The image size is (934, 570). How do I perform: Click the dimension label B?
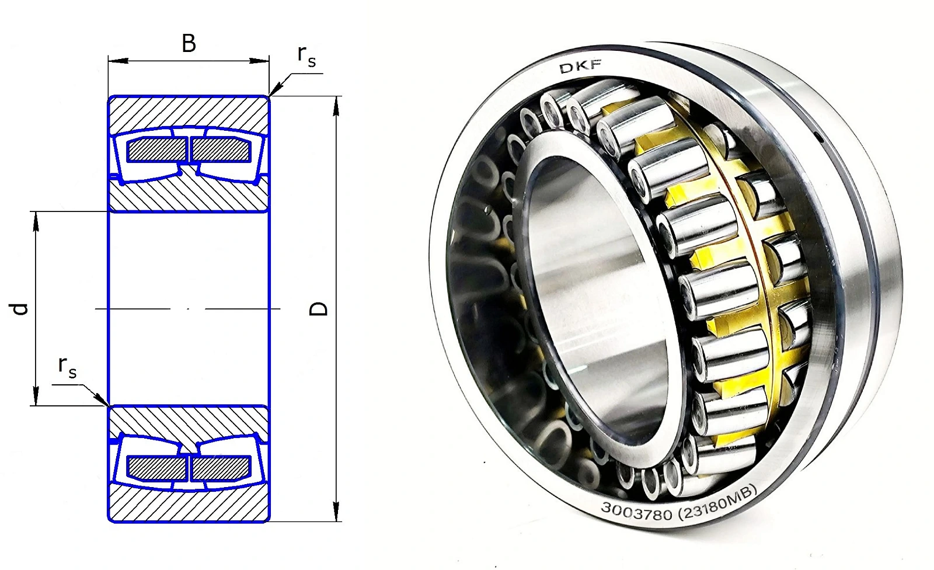tap(189, 43)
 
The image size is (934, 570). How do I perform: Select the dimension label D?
tap(319, 308)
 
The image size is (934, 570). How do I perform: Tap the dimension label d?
tap(19, 309)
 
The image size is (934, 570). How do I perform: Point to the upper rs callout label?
tap(306, 56)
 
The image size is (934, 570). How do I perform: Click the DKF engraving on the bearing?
tap(580, 67)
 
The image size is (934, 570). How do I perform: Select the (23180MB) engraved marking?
tap(718, 503)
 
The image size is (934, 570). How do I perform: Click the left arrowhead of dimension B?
tap(118, 61)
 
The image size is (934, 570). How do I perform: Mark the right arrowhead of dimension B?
tap(259, 61)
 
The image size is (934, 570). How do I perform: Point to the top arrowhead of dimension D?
tap(337, 106)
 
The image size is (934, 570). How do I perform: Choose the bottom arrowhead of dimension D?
tap(337, 512)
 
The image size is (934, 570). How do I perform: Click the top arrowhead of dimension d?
tap(36, 221)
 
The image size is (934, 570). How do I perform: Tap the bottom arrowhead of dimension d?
tap(36, 395)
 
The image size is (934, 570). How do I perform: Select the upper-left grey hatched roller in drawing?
tap(157, 149)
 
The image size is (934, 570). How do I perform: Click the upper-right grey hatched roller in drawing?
tap(221, 149)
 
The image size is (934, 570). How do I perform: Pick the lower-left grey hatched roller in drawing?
tap(157, 468)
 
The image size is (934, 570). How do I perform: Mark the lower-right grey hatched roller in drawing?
tap(221, 468)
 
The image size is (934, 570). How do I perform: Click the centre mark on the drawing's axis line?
tap(188, 309)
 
